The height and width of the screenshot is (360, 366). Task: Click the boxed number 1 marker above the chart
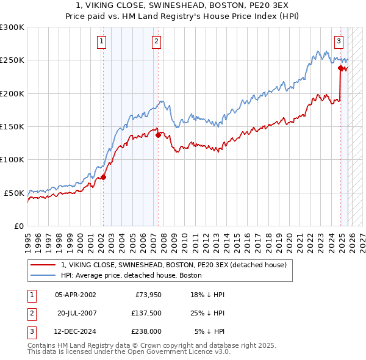click(101, 41)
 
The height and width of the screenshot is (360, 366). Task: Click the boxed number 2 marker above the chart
click(157, 41)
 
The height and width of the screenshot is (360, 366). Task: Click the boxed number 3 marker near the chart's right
click(339, 41)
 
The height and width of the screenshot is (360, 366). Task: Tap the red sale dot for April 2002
click(103, 177)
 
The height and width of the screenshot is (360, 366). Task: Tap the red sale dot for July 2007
click(158, 135)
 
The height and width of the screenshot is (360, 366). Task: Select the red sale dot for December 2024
click(340, 68)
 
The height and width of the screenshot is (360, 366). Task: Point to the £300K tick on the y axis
click(12, 27)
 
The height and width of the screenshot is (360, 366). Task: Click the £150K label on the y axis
click(12, 126)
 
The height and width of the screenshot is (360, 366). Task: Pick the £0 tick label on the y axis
click(18, 226)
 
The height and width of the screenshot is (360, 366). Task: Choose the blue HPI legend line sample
click(43, 276)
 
